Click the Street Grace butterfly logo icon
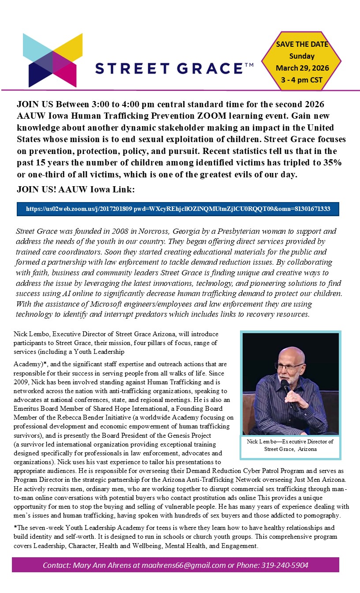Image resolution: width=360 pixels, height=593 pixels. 52,60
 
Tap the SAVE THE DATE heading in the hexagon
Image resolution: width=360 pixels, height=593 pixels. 302,44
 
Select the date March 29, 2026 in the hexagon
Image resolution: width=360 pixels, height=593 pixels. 302,68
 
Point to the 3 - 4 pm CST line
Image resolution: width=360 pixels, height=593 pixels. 302,80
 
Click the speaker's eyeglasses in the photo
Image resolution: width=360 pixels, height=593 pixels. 289,366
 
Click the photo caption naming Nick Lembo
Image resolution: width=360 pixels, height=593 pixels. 291,445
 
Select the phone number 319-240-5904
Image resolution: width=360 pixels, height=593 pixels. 285,565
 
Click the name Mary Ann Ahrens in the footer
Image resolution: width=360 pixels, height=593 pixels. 97,565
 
